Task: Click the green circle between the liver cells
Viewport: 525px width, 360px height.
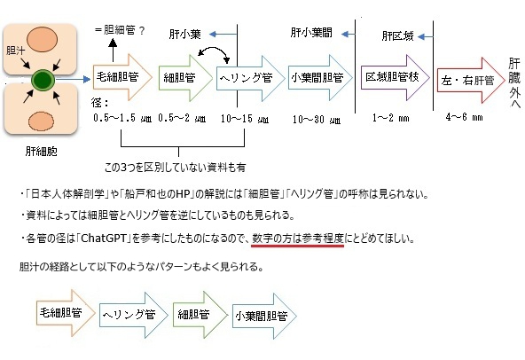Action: point(43,80)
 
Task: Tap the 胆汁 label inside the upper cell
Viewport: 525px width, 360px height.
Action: point(15,51)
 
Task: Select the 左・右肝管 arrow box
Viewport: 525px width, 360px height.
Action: point(471,81)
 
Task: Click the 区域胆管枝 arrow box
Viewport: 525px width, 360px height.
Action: point(396,77)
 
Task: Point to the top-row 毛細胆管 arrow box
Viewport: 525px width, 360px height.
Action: point(122,77)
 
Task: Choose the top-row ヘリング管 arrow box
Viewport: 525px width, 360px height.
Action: point(250,78)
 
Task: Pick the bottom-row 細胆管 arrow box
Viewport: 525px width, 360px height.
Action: point(200,315)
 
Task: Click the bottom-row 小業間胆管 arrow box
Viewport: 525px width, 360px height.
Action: point(264,317)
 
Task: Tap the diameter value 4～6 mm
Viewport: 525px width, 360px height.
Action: point(464,117)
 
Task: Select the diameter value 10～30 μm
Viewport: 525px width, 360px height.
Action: point(317,120)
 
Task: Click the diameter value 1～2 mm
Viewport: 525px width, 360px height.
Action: point(391,118)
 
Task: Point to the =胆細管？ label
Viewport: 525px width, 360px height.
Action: point(120,30)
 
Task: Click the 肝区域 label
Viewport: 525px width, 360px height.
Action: point(398,36)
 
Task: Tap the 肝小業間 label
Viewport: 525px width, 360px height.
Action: point(311,33)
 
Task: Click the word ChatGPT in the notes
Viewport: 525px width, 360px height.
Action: point(104,239)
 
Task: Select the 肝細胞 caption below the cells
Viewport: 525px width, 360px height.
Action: point(42,152)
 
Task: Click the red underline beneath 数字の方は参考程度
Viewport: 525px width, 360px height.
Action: point(297,246)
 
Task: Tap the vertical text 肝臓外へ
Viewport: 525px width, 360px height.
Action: point(514,82)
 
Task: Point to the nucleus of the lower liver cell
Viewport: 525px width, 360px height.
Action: point(41,121)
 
